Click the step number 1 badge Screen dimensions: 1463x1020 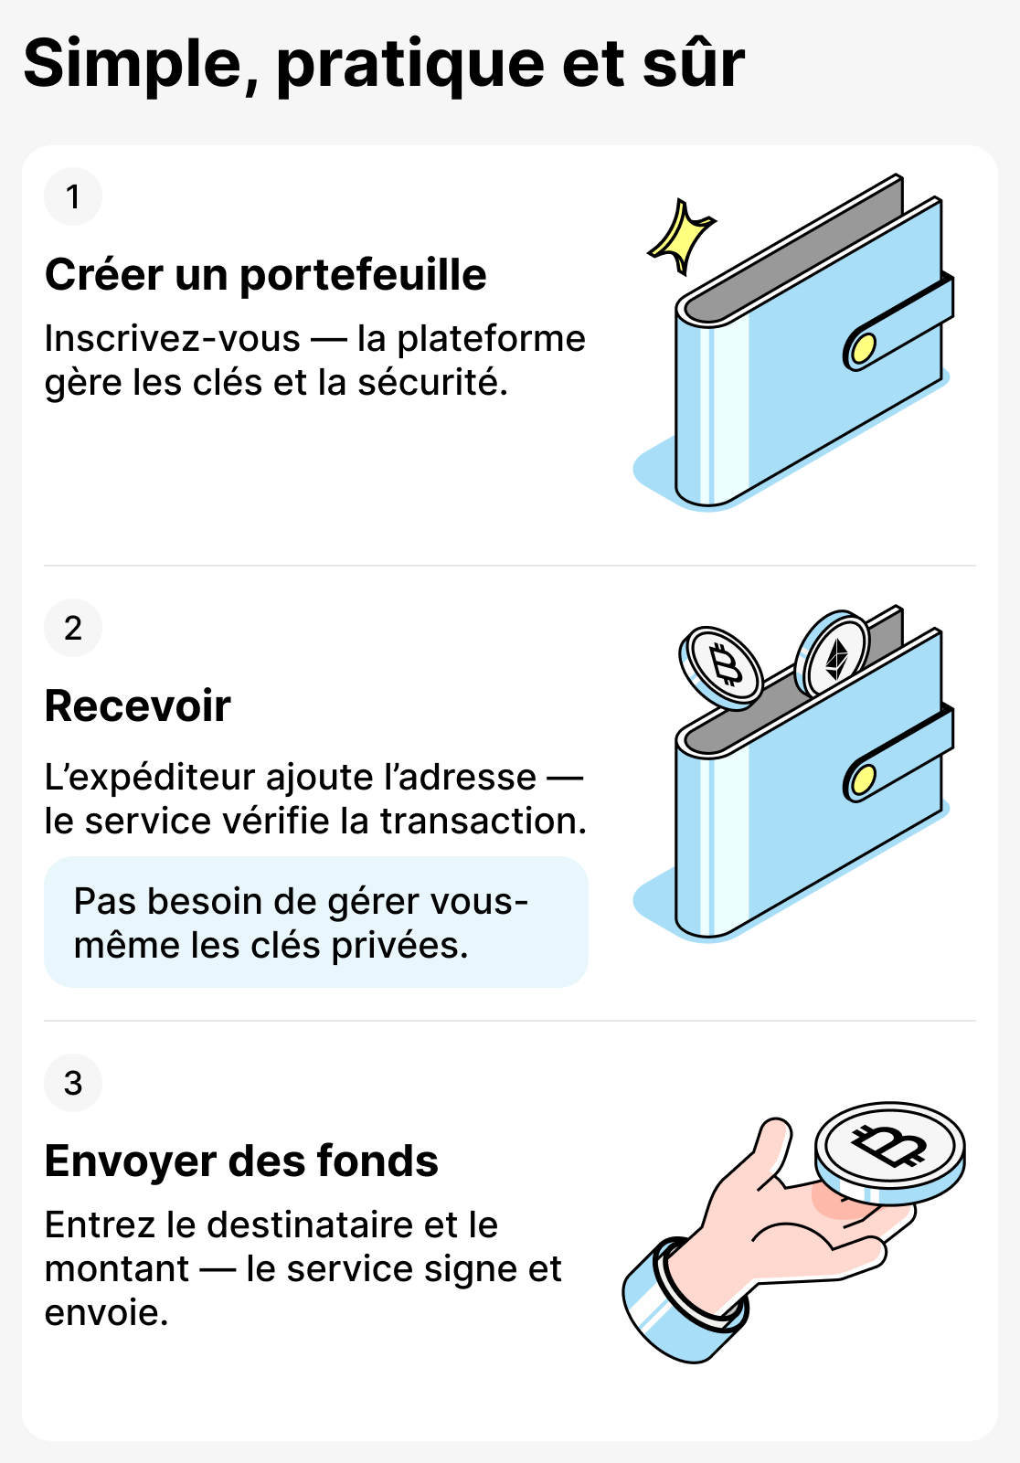coord(73,196)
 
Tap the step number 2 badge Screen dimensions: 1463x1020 coord(73,628)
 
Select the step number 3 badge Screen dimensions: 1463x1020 coord(73,1083)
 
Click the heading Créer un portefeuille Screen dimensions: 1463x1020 coord(265,275)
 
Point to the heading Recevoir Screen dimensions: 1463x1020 coord(137,706)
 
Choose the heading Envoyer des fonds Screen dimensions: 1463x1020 coord(241,1161)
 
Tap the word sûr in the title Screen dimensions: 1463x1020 coord(694,64)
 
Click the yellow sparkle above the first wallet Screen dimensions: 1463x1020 coord(681,236)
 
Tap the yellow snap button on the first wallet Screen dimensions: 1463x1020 coord(861,348)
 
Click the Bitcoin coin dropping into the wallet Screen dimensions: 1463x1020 coord(722,667)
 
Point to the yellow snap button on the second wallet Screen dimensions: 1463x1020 coord(861,779)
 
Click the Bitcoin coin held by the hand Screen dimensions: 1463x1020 coord(889,1150)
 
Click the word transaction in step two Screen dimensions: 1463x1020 coord(483,821)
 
